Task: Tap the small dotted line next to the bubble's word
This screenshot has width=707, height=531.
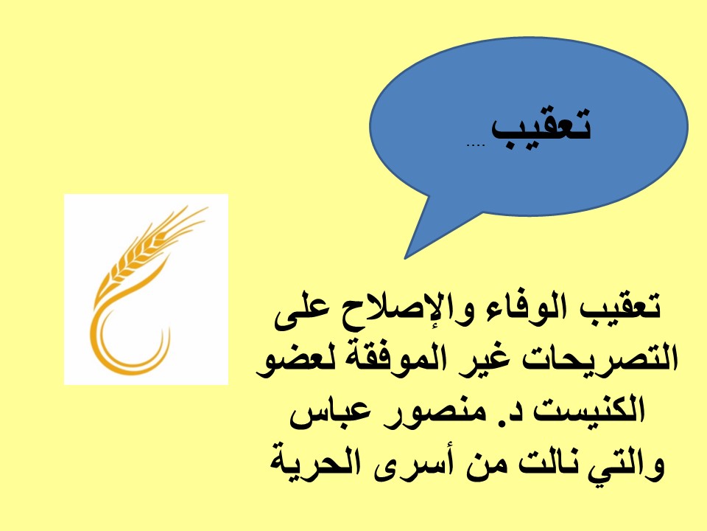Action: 475,145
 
